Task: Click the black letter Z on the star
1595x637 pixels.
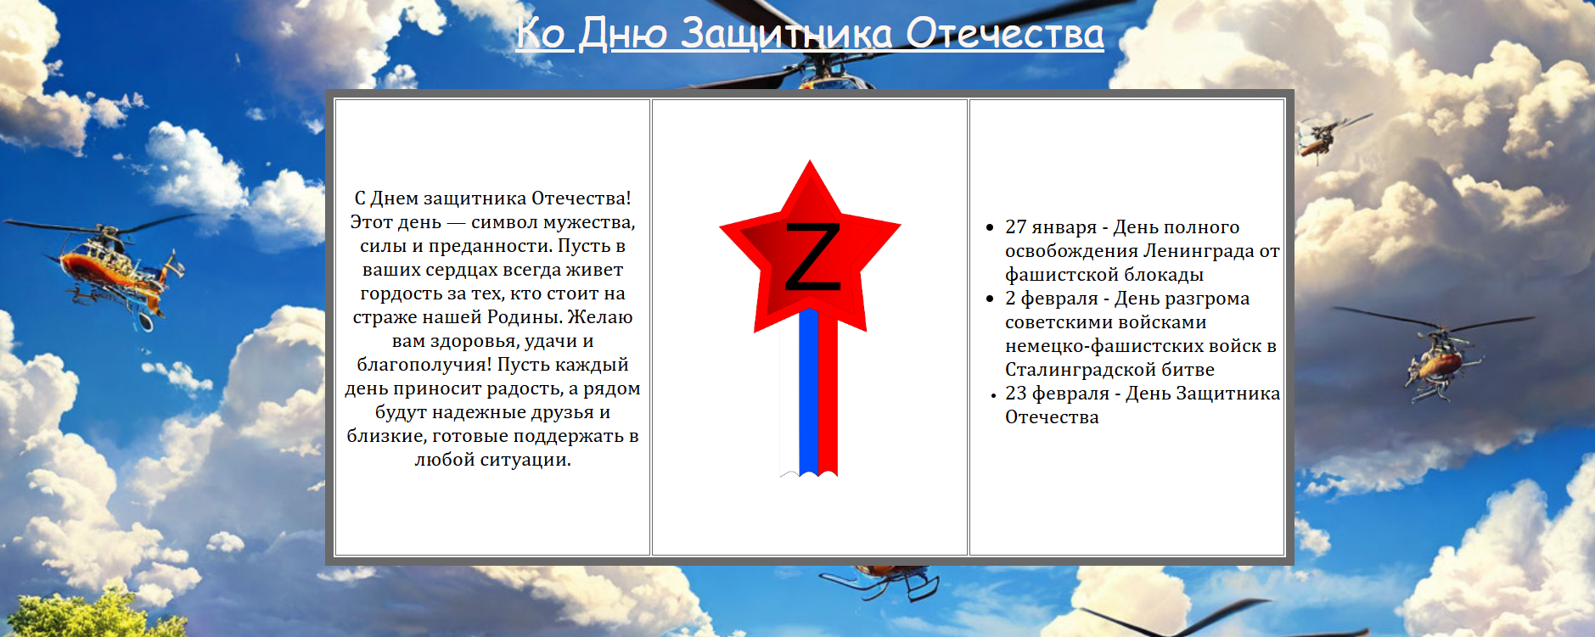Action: [x=812, y=256]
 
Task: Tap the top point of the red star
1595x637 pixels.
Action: [x=810, y=160]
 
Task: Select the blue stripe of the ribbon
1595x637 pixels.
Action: [x=808, y=391]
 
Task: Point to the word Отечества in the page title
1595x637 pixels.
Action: [x=1005, y=34]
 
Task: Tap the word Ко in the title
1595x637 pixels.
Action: [x=540, y=34]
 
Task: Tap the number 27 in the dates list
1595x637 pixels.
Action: [x=1016, y=226]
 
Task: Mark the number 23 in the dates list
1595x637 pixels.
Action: [x=1016, y=393]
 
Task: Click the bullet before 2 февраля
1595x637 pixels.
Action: [x=990, y=299]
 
